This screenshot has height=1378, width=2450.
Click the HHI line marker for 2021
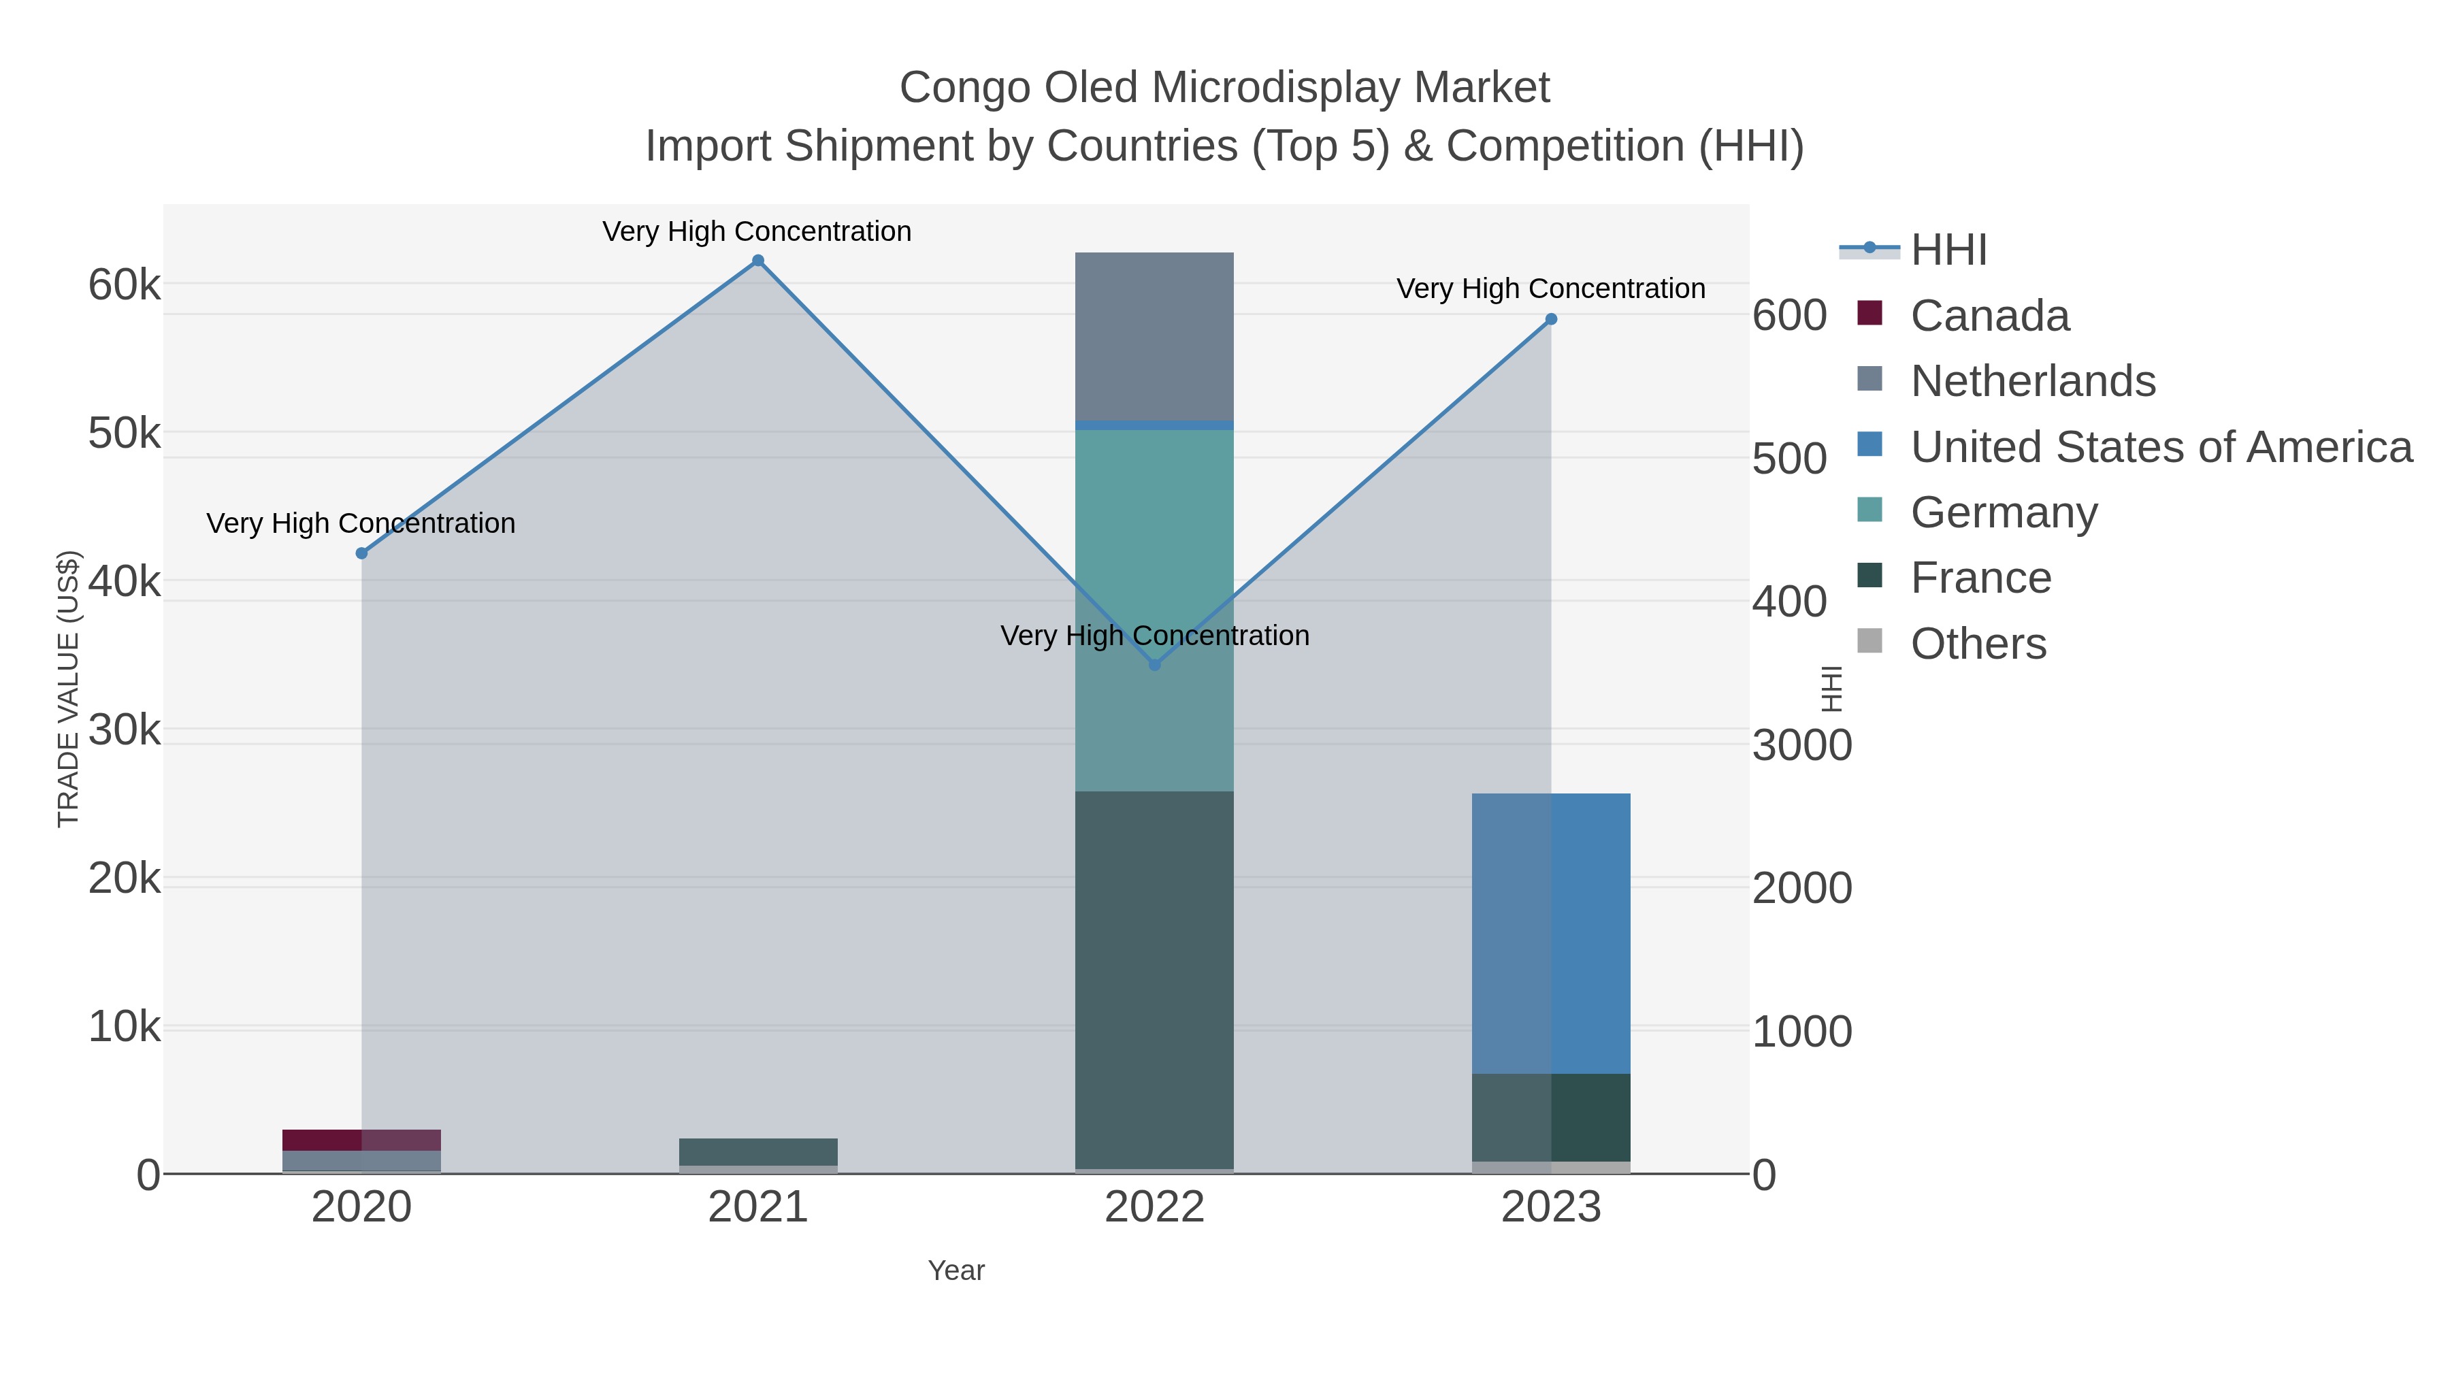(758, 261)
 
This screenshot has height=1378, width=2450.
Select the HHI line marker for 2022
(1155, 665)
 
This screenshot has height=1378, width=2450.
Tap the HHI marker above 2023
(1551, 320)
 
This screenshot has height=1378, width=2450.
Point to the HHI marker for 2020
(361, 553)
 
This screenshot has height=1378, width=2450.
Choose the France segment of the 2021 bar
(758, 1151)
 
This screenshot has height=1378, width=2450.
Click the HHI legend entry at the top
(1948, 250)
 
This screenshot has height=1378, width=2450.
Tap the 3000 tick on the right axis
(1802, 746)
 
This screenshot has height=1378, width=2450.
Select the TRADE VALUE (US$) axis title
(69, 689)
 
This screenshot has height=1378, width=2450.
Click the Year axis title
(956, 1270)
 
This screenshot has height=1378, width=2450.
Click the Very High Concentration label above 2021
(757, 231)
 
